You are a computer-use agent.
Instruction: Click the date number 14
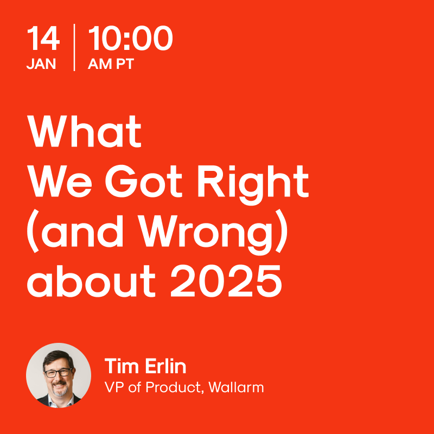pyautogui.click(x=42, y=39)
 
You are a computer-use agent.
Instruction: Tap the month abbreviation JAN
pyautogui.click(x=41, y=64)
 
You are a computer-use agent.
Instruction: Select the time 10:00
pyautogui.click(x=130, y=39)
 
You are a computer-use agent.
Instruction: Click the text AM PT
pyautogui.click(x=111, y=64)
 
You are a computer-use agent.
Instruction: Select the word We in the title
pyautogui.click(x=59, y=182)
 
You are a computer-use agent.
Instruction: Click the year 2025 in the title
pyautogui.click(x=226, y=282)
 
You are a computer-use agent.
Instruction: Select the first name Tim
pyautogui.click(x=119, y=367)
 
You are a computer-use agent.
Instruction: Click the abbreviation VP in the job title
pyautogui.click(x=114, y=388)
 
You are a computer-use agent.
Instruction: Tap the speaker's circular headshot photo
pyautogui.click(x=59, y=375)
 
